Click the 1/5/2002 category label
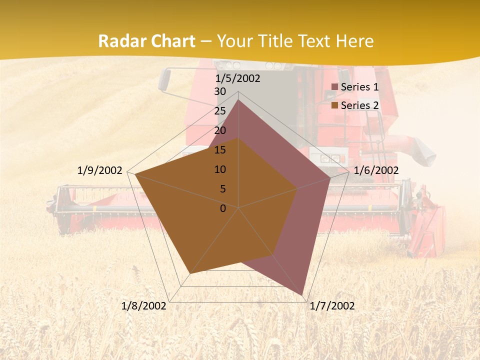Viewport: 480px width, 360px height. click(x=238, y=78)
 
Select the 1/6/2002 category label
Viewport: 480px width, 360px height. click(x=376, y=170)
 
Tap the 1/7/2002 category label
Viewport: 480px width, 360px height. click(x=332, y=306)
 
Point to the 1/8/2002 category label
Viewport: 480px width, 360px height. click(x=144, y=306)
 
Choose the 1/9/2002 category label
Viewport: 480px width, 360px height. click(x=100, y=170)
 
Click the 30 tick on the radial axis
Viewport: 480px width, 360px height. click(x=220, y=91)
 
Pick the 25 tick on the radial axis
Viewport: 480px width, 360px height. click(x=220, y=111)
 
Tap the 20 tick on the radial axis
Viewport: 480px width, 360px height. click(x=220, y=130)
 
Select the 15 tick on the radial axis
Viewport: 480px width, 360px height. click(x=220, y=150)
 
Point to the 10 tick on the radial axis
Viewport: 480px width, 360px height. click(x=220, y=169)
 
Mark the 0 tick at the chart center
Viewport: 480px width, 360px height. click(x=223, y=208)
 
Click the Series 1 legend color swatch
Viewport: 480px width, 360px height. click(x=335, y=87)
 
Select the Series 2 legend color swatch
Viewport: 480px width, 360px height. click(x=335, y=105)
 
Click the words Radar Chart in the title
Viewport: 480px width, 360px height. click(x=146, y=41)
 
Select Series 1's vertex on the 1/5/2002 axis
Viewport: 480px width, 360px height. click(x=238, y=100)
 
